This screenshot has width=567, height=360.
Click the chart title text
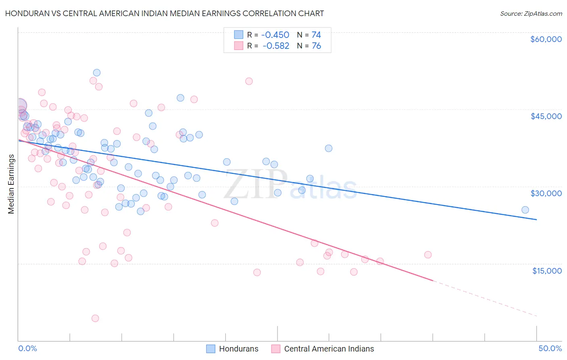click(165, 13)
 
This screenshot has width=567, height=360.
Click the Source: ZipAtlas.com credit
click(531, 13)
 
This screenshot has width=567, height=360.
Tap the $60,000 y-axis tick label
click(546, 39)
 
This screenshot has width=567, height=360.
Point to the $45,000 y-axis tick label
click(546, 116)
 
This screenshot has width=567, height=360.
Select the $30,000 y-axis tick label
click(546, 193)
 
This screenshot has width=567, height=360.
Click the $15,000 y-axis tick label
click(546, 271)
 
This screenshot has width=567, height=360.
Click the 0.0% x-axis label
click(27, 348)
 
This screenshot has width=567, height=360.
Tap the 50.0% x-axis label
click(550, 348)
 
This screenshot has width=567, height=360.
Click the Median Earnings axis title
click(11, 184)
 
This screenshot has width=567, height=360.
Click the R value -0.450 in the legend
click(275, 35)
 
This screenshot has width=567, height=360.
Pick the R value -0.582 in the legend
click(276, 46)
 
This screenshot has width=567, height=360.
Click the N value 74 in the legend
click(316, 35)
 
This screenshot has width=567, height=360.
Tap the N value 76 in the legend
click(316, 46)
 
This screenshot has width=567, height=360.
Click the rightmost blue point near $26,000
click(525, 210)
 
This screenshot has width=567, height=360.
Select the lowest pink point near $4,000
click(95, 318)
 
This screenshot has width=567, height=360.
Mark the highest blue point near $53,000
click(97, 73)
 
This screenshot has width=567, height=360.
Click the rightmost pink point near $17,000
click(428, 255)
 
